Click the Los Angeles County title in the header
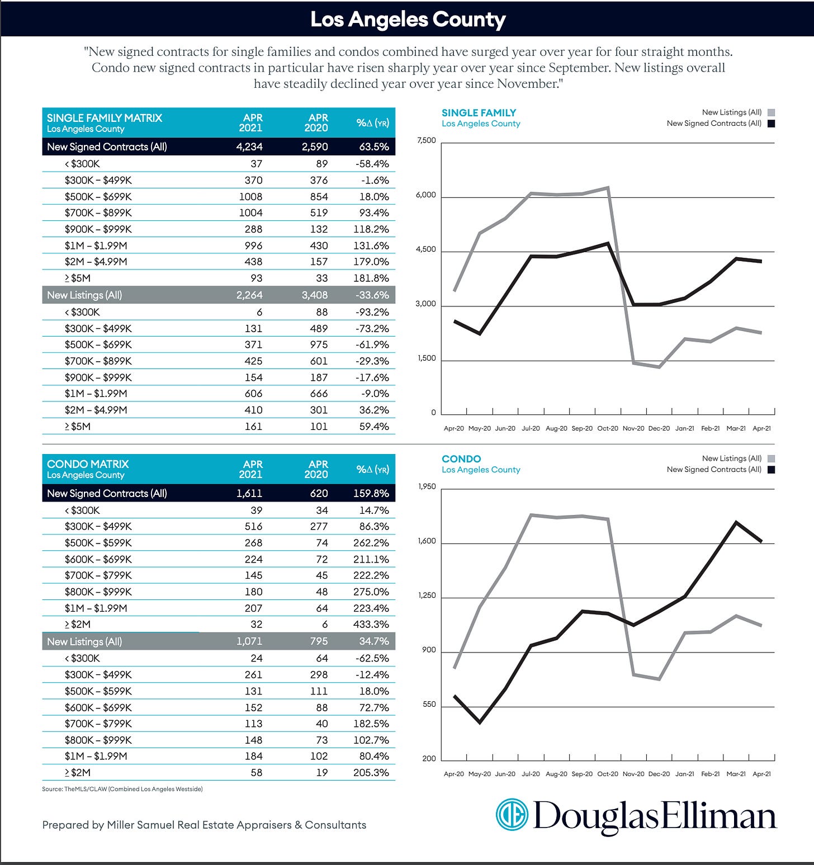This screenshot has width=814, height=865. coord(408,20)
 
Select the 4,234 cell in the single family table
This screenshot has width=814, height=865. coord(249,147)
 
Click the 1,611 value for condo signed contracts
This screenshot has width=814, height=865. coord(249,494)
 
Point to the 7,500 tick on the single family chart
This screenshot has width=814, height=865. coord(426,140)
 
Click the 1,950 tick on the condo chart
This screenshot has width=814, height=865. coord(427,486)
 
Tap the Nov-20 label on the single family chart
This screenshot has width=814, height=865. coord(633,428)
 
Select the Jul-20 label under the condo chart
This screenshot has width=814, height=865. coord(531,774)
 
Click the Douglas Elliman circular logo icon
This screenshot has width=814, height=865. coord(512,815)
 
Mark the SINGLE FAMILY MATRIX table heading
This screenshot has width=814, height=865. coord(105,118)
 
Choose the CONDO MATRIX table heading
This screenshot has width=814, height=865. coord(88,464)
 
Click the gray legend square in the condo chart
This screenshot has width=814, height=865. coord(772,459)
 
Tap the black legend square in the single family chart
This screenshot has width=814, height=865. coord(772,124)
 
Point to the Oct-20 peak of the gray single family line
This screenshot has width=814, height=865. coord(607,188)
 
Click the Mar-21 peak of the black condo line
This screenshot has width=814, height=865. coord(736,522)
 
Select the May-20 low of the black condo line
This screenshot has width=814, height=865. coord(480,722)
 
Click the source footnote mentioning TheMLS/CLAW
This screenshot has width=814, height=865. coord(122,789)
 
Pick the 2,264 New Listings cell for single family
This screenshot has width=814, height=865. coord(249,295)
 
